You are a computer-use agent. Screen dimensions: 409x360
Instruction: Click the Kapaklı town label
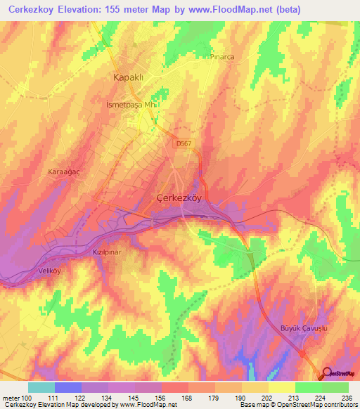tap(128, 77)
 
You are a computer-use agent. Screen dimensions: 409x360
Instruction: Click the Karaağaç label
tap(62, 171)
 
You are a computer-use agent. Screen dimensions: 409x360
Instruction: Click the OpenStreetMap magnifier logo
tap(328, 372)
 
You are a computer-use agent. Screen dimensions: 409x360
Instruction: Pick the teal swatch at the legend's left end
tap(41, 387)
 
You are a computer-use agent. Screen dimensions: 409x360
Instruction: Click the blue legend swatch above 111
tap(68, 387)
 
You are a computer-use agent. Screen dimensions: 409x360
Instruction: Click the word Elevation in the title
tap(87, 10)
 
